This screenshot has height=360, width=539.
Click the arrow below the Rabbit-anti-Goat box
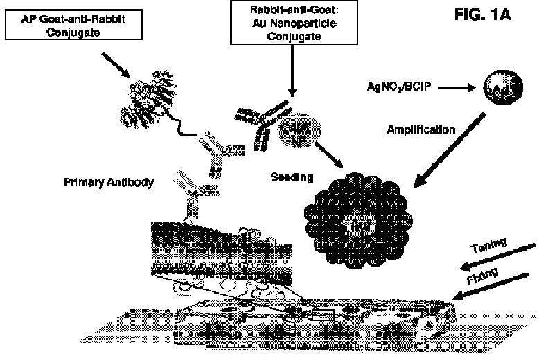point(293,78)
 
